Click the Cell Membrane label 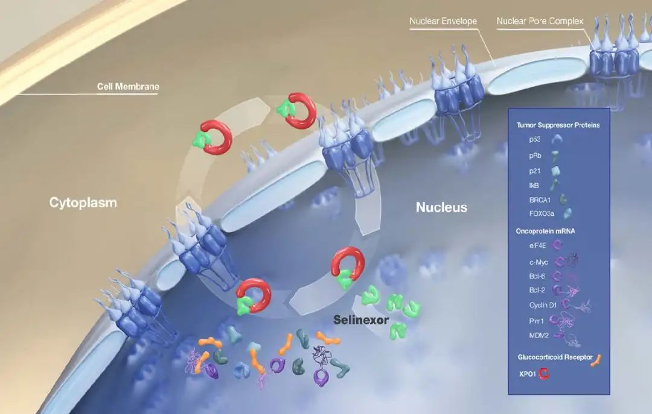tap(128, 86)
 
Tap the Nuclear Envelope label tap(443, 21)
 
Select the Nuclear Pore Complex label tap(540, 21)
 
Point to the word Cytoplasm tap(83, 202)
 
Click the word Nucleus tap(441, 207)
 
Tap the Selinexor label tap(362, 320)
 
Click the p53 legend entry tap(535, 140)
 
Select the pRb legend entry tap(535, 155)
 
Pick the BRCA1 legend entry tap(540, 199)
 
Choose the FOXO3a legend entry tap(542, 214)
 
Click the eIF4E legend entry tap(537, 245)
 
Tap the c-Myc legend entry tap(539, 262)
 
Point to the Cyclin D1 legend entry tap(543, 305)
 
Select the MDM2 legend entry tap(539, 336)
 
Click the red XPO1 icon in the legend tap(544, 374)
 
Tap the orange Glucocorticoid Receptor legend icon tap(596, 360)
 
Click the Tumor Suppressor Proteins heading tap(558, 125)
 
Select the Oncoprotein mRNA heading tap(546, 231)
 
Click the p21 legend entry tap(535, 171)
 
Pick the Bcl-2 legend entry tap(537, 290)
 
